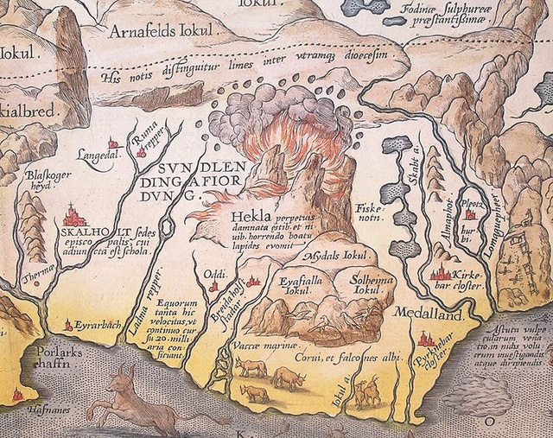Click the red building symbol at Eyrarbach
(69, 325)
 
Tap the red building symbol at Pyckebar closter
(425, 340)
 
